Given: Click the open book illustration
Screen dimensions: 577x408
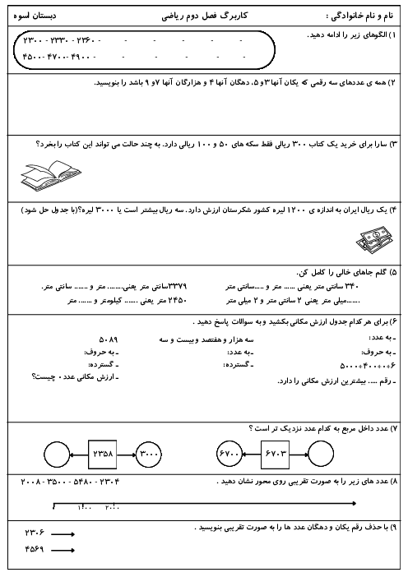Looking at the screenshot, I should click(49, 172).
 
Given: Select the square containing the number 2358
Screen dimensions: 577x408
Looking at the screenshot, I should click(104, 453).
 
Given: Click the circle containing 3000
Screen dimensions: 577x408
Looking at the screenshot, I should click(151, 453).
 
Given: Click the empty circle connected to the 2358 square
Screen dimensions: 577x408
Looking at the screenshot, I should click(57, 453).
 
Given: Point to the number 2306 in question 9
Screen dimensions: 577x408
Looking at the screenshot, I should click(35, 533).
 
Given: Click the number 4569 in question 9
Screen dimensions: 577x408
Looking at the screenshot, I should click(35, 549).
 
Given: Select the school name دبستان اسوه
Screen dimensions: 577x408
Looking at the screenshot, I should click(36, 15).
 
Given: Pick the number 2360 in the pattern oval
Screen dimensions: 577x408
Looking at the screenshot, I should click(86, 40).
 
